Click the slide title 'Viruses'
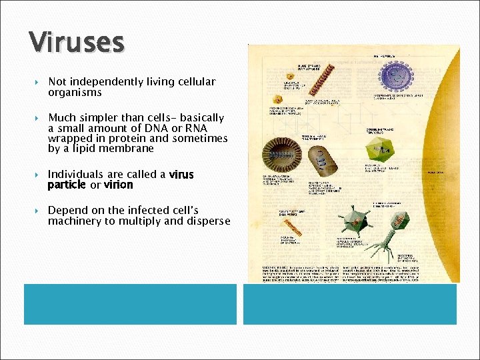click(77, 43)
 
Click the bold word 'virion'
click(119, 185)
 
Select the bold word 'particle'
click(66, 185)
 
